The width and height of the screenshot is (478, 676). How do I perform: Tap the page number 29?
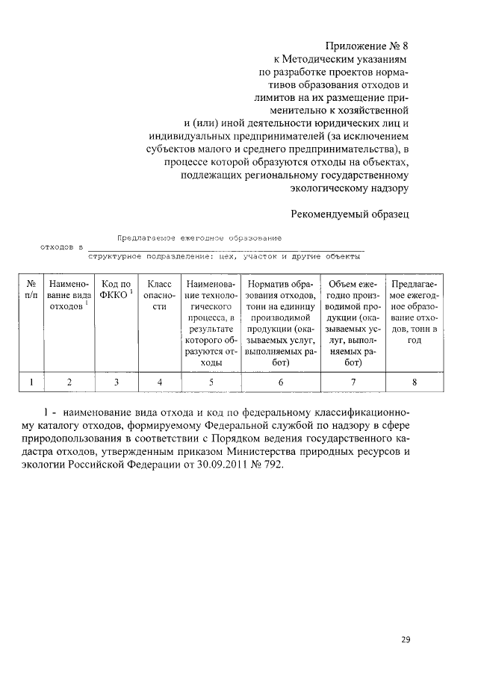[x=406, y=639]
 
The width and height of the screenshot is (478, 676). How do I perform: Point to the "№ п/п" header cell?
[x=32, y=291]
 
